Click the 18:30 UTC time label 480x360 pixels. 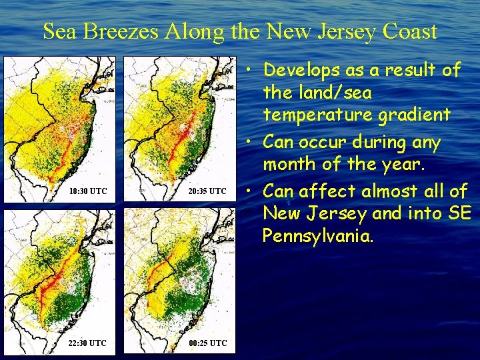coord(88,191)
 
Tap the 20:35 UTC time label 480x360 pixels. coord(207,191)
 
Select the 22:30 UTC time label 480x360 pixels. coord(87,343)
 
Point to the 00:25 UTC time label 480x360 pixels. coord(207,343)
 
